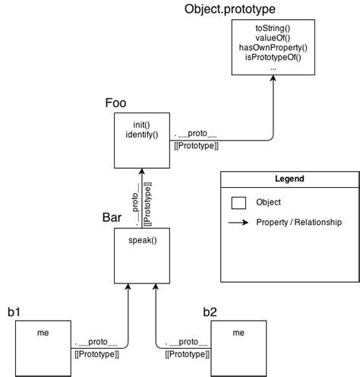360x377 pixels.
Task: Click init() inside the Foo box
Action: click(x=141, y=124)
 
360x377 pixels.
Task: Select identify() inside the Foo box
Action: click(x=141, y=135)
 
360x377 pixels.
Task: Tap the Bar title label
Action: click(x=112, y=217)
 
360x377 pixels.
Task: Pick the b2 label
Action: click(x=211, y=312)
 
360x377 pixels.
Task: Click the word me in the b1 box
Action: click(x=43, y=331)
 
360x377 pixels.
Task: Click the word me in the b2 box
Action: click(x=238, y=332)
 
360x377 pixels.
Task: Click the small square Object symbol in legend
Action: click(x=238, y=203)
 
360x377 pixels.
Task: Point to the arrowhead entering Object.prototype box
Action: click(x=273, y=79)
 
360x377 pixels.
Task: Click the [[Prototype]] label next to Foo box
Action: click(x=197, y=146)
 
